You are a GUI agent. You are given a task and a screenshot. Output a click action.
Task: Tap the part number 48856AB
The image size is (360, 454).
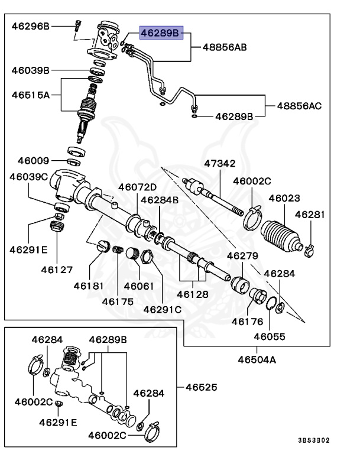click(225, 45)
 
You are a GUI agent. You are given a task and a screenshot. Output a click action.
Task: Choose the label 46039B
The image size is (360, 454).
click(30, 70)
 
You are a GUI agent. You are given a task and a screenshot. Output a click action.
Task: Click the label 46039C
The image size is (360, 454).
click(30, 177)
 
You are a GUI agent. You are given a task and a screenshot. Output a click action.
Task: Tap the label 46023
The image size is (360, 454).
click(284, 199)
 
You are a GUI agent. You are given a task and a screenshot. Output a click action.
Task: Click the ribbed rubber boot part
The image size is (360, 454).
click(281, 236)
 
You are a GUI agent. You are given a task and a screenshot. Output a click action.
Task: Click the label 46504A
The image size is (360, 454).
click(257, 359)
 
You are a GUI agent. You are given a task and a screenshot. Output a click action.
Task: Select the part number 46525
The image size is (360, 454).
click(201, 388)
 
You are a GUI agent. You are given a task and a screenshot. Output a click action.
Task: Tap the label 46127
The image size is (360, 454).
click(57, 269)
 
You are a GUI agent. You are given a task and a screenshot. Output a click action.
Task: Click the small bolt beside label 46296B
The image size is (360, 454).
click(77, 25)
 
